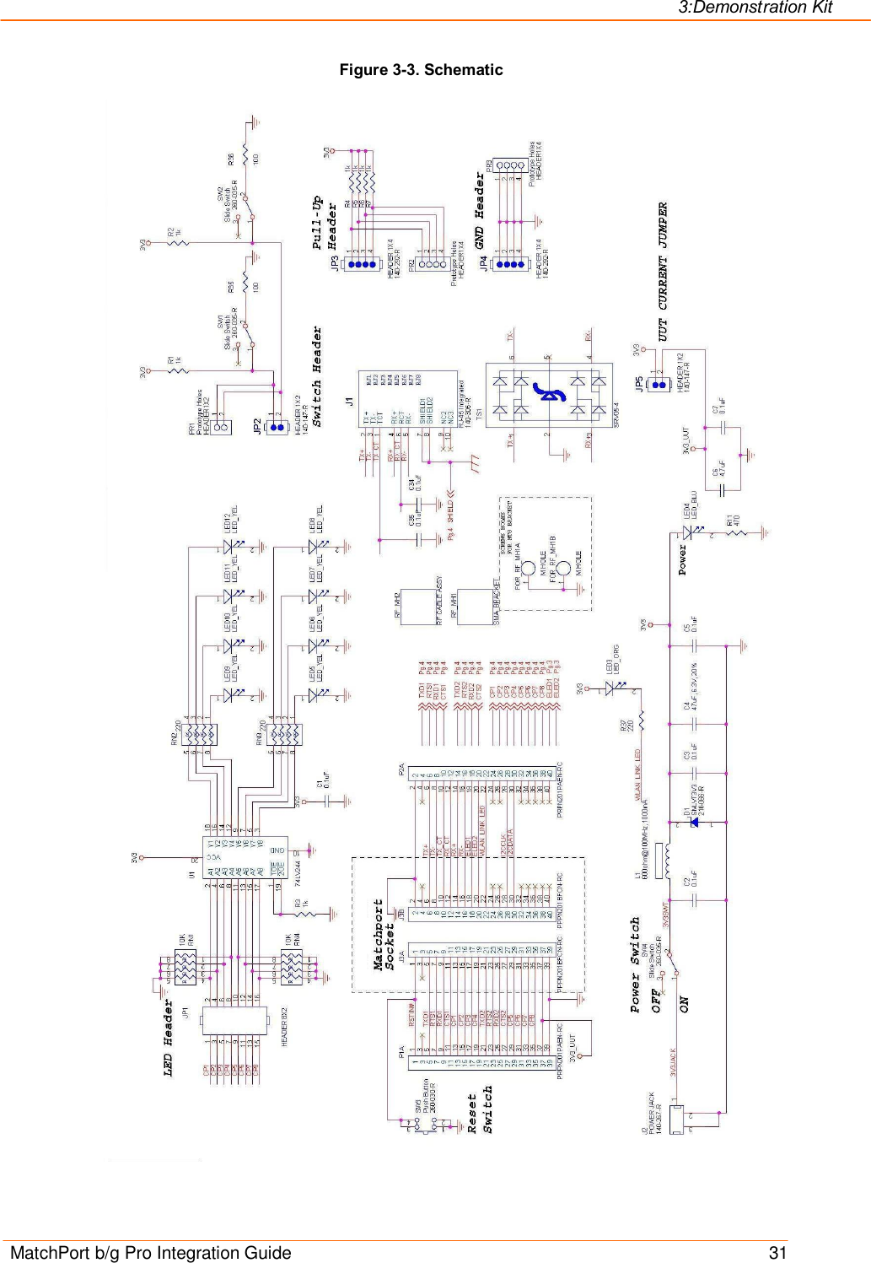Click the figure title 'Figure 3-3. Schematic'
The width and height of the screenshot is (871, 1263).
point(421,70)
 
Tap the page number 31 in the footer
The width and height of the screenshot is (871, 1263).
point(777,1252)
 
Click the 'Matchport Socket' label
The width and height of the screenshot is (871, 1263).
point(384,934)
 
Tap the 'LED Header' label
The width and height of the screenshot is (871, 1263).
point(169,1038)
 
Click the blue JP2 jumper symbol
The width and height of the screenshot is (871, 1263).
point(276,427)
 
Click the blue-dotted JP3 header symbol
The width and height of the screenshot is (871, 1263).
point(363,265)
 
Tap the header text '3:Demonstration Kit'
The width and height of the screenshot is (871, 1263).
point(755,8)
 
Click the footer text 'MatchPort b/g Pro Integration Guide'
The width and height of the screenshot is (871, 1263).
point(151,1252)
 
